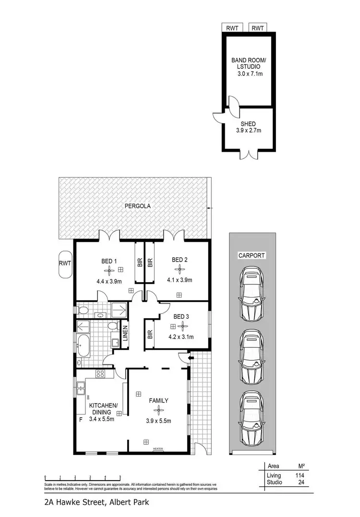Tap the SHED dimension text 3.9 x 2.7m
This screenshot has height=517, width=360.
coord(248,130)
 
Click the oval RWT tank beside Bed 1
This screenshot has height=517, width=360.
coord(65,268)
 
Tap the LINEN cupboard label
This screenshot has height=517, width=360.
coord(125,333)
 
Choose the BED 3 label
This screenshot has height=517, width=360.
coord(180,316)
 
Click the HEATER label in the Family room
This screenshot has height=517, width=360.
coord(158,449)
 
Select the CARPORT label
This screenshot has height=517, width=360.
coord(252,256)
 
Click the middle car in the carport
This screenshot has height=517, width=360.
coord(252,356)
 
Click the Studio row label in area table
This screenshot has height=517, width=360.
coord(274,482)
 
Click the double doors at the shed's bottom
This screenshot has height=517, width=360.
coord(249,155)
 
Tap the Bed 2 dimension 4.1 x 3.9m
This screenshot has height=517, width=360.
coord(180,280)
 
